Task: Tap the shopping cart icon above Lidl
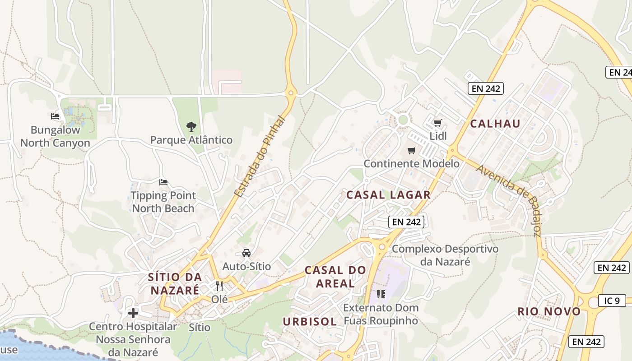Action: (437, 123)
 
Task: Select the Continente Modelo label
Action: (411, 163)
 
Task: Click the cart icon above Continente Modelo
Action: (411, 150)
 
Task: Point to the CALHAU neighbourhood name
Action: (495, 124)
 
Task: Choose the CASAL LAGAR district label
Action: (388, 195)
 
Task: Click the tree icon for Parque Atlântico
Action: (191, 126)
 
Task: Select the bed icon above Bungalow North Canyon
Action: (55, 116)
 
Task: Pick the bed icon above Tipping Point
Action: (163, 182)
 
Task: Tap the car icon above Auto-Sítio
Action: (246, 253)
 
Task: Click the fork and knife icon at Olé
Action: (219, 286)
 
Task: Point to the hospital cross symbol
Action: (133, 313)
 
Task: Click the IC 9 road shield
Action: (612, 301)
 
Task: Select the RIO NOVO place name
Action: (549, 311)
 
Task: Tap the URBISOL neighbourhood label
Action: (310, 321)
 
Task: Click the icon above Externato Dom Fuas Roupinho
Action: (381, 294)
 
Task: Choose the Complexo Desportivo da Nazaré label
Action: (445, 255)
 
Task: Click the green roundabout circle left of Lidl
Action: (403, 120)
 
